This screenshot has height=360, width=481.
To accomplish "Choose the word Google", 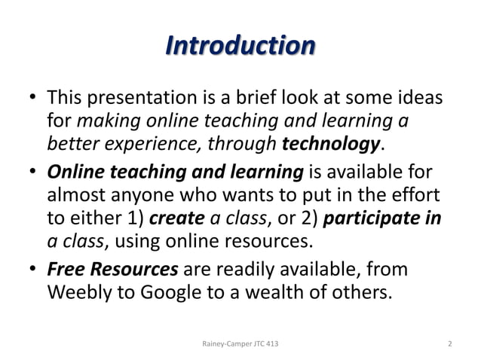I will pos(172,290).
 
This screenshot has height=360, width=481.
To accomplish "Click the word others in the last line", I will pos(366,290).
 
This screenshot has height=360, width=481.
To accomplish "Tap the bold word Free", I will pos(65,268).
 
